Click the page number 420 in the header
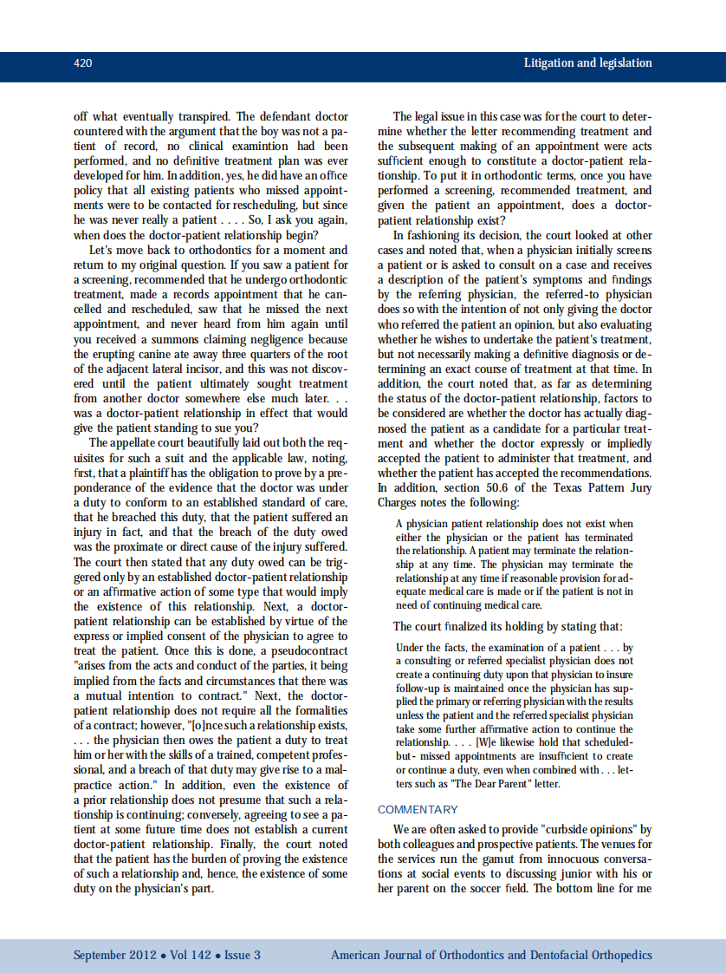tap(83, 63)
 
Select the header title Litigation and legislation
tap(587, 63)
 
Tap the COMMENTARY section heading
tap(418, 809)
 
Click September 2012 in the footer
tap(114, 956)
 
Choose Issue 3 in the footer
tap(243, 956)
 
